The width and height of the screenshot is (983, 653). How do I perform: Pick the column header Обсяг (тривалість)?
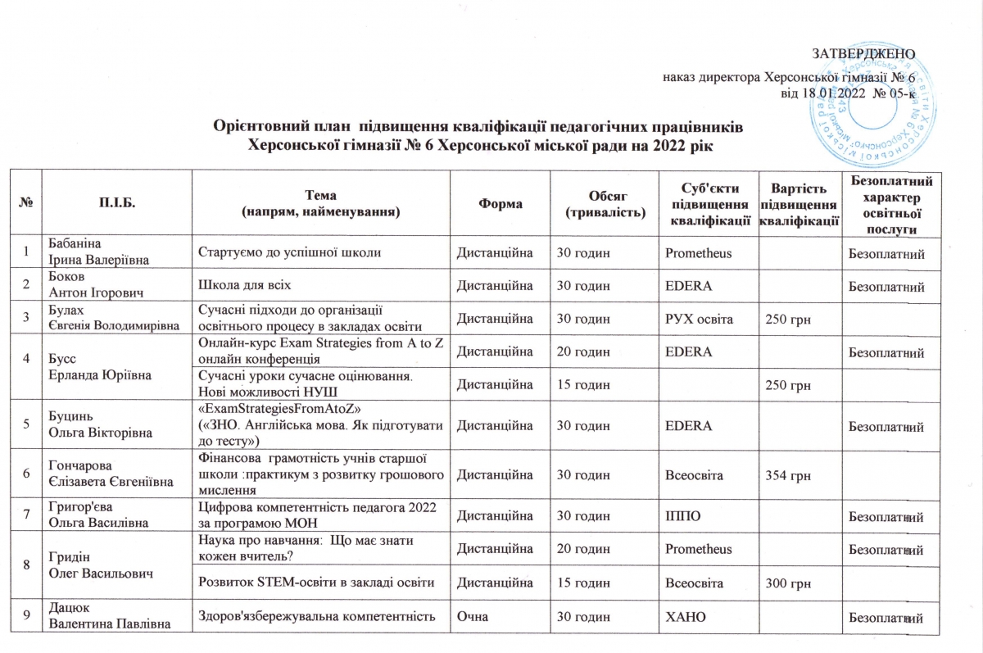click(605, 202)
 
